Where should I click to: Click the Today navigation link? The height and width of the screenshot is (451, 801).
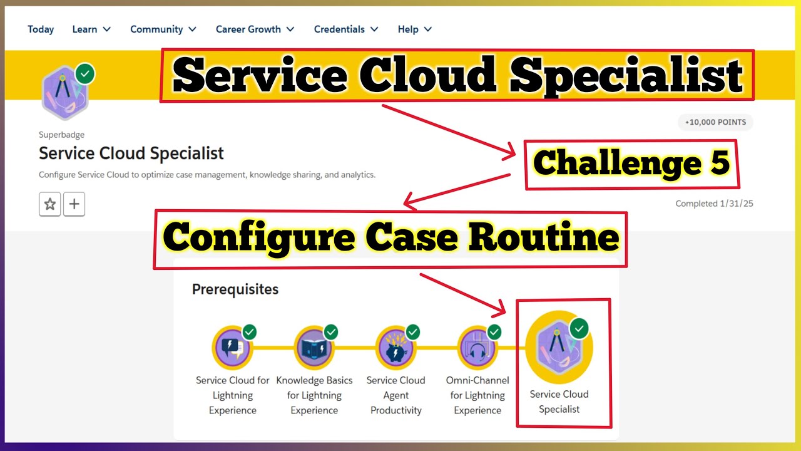pyautogui.click(x=41, y=29)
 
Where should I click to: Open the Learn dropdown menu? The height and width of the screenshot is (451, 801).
pyautogui.click(x=91, y=29)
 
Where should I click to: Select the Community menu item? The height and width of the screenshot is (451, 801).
pyautogui.click(x=163, y=29)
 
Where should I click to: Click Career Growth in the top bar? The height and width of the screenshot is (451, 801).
pyautogui.click(x=255, y=29)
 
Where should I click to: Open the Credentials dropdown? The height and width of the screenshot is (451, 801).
pyautogui.click(x=346, y=29)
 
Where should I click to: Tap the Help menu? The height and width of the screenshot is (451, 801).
pyautogui.click(x=414, y=29)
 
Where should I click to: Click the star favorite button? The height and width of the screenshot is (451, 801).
pyautogui.click(x=50, y=204)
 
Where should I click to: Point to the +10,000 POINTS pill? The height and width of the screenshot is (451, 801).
pyautogui.click(x=715, y=122)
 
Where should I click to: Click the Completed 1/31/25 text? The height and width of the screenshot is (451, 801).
pyautogui.click(x=714, y=204)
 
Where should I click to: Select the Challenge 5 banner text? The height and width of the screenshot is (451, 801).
pyautogui.click(x=631, y=164)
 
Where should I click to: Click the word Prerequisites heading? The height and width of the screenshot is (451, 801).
pyautogui.click(x=235, y=289)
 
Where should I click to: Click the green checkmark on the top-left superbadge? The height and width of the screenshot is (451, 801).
pyautogui.click(x=85, y=74)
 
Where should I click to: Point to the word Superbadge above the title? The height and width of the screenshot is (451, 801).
pyautogui.click(x=61, y=135)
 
